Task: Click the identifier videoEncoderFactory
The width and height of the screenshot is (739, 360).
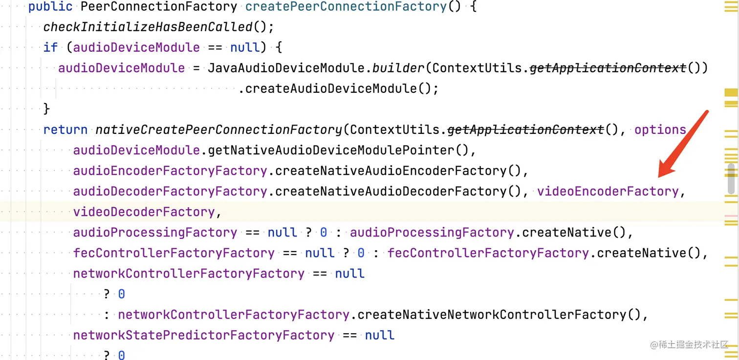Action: (x=608, y=191)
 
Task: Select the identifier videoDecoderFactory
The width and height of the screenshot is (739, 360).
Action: (x=144, y=212)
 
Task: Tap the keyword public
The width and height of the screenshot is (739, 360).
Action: (x=50, y=7)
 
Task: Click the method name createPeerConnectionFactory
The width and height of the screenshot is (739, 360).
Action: (x=346, y=7)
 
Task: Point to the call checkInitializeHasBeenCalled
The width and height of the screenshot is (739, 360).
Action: (x=148, y=27)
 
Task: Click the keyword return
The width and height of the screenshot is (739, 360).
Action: (x=65, y=130)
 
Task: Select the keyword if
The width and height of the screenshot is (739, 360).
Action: (x=50, y=47)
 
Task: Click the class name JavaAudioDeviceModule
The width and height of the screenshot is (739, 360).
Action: (x=286, y=68)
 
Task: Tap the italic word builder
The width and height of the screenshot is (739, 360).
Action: (x=398, y=68)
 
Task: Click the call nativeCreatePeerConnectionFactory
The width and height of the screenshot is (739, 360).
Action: (x=218, y=130)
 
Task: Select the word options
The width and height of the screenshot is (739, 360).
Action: (x=660, y=130)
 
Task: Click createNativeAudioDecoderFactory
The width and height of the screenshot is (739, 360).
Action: (x=391, y=191)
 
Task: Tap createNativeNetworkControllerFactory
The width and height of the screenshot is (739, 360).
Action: (x=491, y=315)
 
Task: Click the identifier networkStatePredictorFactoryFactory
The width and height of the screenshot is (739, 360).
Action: (x=203, y=335)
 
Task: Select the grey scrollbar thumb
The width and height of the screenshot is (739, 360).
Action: (x=731, y=178)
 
